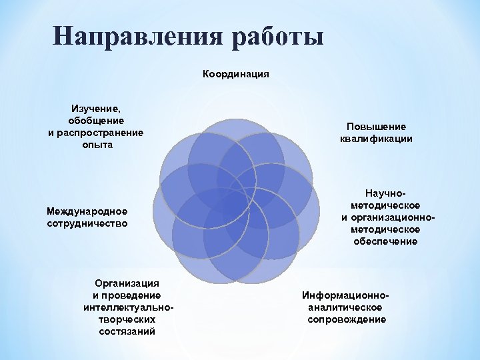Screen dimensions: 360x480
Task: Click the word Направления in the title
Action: coord(135,36)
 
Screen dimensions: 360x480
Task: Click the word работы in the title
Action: coord(277,36)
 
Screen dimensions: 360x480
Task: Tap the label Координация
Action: coord(236,74)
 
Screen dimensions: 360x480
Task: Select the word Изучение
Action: coord(96,108)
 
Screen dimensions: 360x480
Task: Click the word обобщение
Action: coord(96,120)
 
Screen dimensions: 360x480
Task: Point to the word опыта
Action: coord(96,144)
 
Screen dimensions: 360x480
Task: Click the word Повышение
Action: coord(376,127)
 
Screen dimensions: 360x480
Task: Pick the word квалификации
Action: coord(376,139)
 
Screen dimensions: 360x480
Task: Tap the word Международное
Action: coord(87,211)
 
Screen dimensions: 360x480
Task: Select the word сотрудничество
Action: coord(87,223)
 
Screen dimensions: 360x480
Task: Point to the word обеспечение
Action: coord(385,241)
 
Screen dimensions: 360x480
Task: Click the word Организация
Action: coord(127,283)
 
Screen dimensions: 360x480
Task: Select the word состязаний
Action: coord(127,331)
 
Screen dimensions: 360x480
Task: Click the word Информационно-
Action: coord(345,295)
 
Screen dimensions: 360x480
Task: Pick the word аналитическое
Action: coord(345,307)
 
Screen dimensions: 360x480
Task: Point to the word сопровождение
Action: coord(347,319)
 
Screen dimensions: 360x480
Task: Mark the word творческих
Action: coord(127,319)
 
